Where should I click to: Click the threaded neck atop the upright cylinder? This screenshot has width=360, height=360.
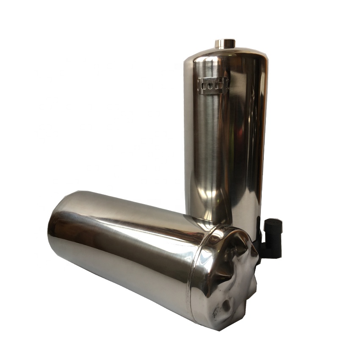click(225, 43)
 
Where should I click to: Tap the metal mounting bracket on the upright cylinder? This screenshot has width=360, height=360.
click(213, 86)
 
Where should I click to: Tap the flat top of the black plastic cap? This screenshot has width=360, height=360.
click(273, 221)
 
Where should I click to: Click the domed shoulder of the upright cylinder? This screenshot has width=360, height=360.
click(224, 55)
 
